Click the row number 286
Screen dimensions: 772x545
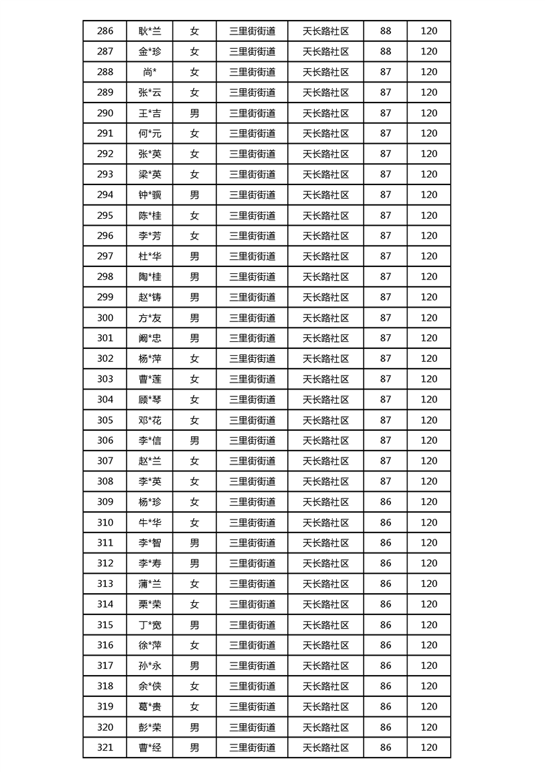tap(105, 31)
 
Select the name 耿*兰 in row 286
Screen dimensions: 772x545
tap(149, 31)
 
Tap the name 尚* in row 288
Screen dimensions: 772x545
tap(149, 72)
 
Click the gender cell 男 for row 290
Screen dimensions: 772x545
tap(194, 113)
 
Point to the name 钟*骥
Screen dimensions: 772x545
tap(149, 195)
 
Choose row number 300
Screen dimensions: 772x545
tap(105, 318)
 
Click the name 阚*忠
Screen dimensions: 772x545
tap(149, 338)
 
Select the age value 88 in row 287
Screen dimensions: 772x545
tap(386, 52)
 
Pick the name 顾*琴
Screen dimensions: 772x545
tap(149, 400)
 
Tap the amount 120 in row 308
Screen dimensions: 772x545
tap(429, 482)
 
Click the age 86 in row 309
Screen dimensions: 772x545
tap(386, 502)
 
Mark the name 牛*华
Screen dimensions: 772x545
tap(149, 522)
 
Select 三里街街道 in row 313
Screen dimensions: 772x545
tap(252, 584)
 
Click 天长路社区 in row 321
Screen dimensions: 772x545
tap(326, 748)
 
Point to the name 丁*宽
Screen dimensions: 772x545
tap(149, 625)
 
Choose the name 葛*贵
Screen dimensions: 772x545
tap(149, 707)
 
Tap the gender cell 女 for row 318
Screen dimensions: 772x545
tap(194, 686)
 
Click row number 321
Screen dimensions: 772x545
tap(105, 748)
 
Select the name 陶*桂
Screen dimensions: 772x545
tap(149, 277)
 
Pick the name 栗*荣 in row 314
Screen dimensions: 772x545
tap(149, 604)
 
